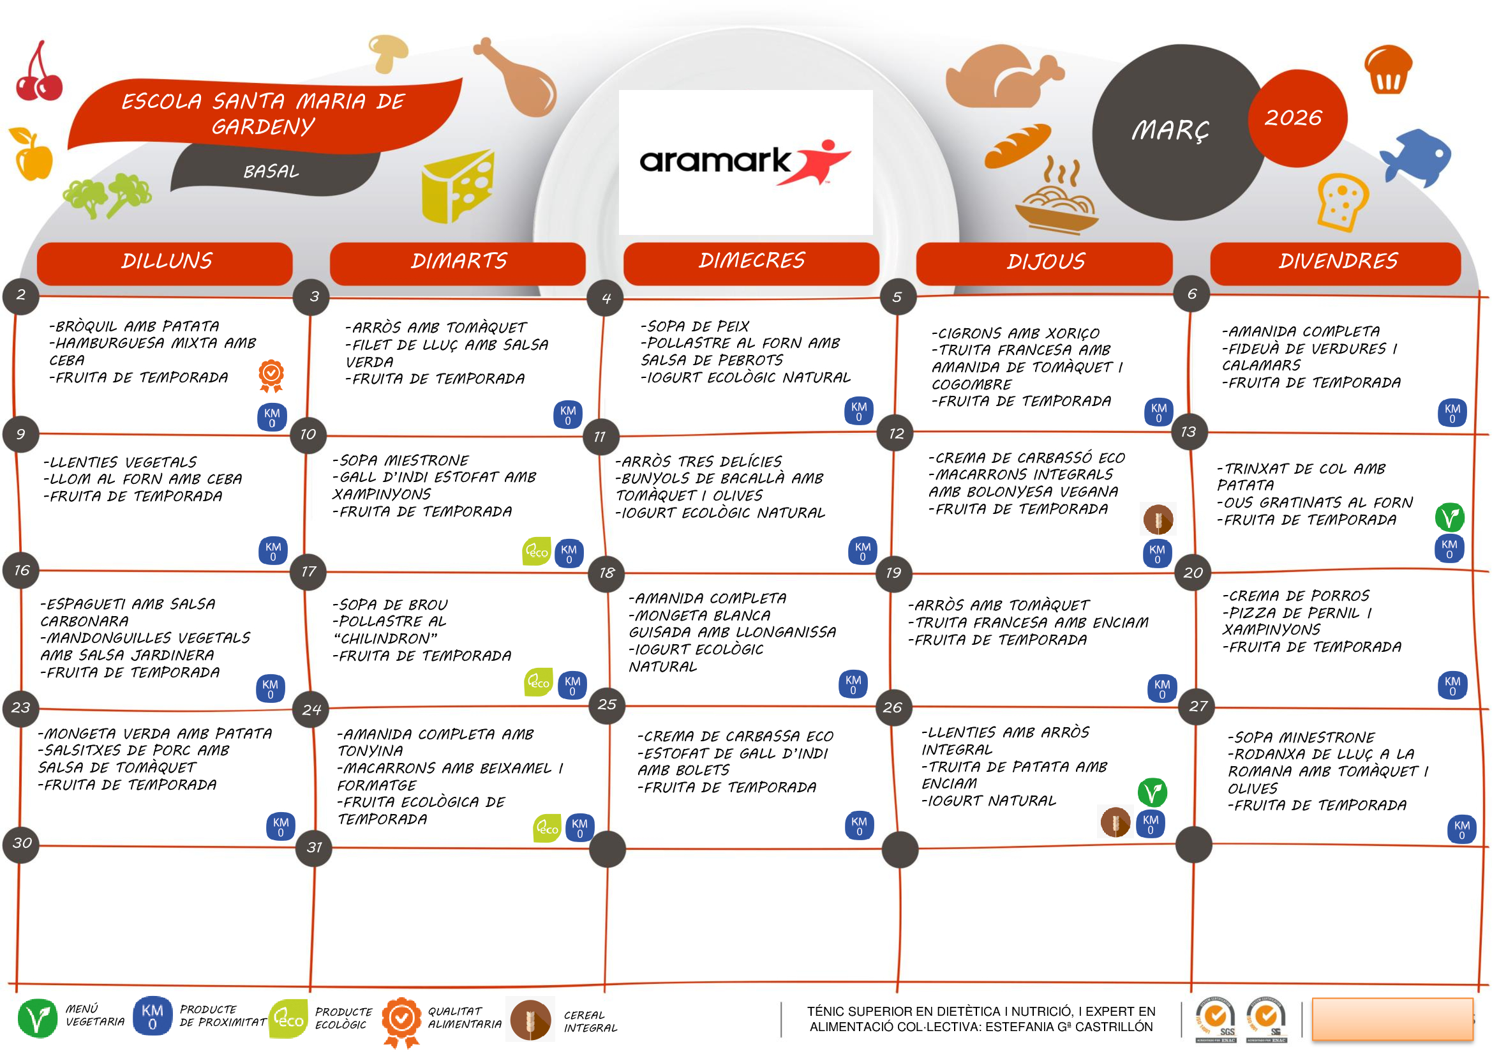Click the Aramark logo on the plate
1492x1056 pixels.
[x=745, y=162]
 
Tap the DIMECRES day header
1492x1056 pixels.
[x=751, y=260]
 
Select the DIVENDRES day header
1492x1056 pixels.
[x=1338, y=261]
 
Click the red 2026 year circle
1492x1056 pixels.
[x=1295, y=118]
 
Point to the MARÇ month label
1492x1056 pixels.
[x=1170, y=130]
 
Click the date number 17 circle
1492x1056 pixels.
[x=308, y=571]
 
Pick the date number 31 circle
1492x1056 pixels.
[x=314, y=847]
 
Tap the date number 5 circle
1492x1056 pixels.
[x=897, y=297]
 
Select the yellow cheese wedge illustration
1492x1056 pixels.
[x=458, y=186]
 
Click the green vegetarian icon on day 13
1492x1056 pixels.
[x=1449, y=518]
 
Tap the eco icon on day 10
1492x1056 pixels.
[x=537, y=552]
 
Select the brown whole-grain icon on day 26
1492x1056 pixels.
[x=1115, y=822]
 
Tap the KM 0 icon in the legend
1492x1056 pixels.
[x=152, y=1016]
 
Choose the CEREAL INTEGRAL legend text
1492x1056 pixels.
[x=590, y=1022]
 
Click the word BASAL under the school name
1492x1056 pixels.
[x=271, y=172]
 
